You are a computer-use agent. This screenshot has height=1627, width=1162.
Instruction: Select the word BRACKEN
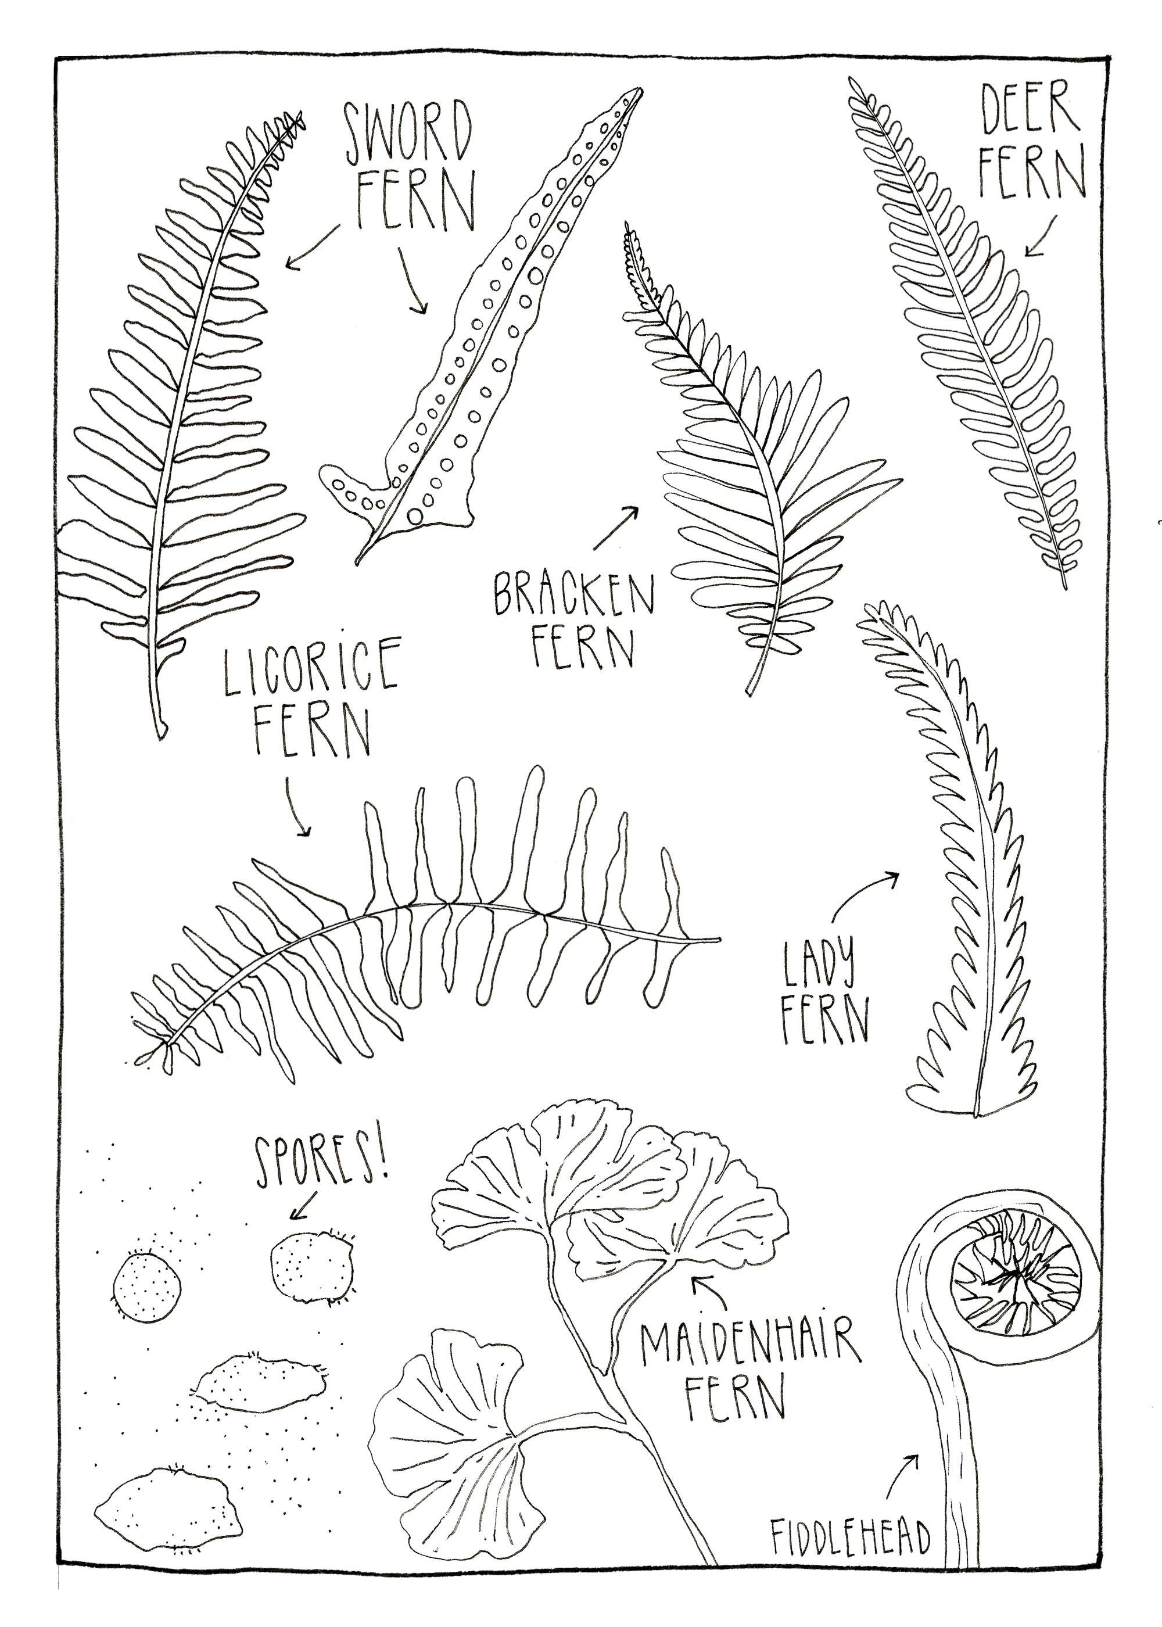[x=573, y=593]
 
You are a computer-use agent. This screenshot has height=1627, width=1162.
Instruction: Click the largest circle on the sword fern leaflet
[x=536, y=276]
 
